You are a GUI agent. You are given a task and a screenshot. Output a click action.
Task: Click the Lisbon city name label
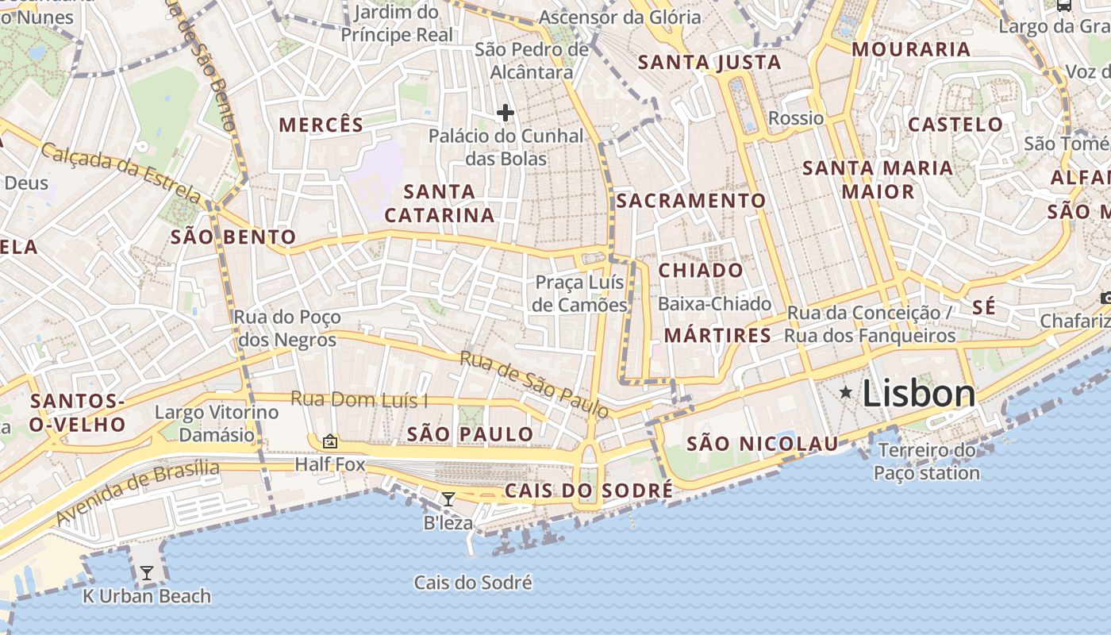click(918, 394)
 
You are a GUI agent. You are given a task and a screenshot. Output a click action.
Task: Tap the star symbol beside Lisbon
click(846, 392)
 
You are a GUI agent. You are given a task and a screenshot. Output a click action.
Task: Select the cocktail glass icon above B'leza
click(448, 499)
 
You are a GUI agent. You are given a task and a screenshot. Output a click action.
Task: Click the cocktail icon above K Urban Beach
click(147, 572)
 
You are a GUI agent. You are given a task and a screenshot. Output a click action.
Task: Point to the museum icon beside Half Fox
click(330, 441)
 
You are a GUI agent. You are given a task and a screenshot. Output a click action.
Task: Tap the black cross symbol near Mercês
click(506, 113)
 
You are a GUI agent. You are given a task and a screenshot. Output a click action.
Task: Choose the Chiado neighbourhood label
click(701, 271)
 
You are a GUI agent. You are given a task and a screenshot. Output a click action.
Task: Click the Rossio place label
click(796, 118)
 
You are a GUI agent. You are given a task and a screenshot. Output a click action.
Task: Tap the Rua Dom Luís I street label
click(359, 399)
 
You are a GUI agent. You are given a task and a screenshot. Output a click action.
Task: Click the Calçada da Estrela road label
click(121, 171)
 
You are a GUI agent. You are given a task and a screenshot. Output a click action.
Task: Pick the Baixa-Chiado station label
click(714, 304)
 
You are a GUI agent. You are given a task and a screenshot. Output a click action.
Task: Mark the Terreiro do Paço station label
click(927, 462)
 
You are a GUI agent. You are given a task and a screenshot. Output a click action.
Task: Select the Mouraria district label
click(911, 49)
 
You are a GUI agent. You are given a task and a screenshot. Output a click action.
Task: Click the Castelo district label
click(955, 125)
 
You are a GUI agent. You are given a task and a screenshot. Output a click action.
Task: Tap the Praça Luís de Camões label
click(579, 294)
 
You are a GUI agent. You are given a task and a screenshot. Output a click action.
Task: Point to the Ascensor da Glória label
click(620, 17)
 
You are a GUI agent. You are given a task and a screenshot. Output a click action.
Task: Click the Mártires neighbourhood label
click(717, 336)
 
